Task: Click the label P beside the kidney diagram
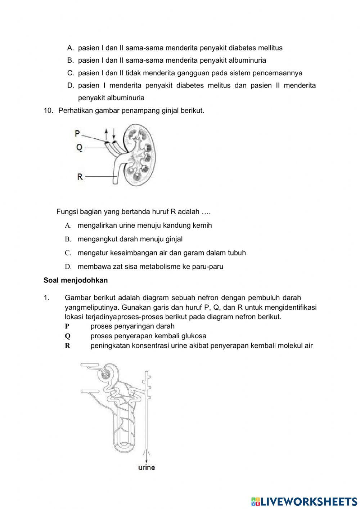pos(77,134)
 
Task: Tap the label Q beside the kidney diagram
pos(79,147)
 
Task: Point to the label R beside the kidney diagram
pos(80,177)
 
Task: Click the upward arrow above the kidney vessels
pos(106,135)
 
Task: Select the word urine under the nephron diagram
pos(147,468)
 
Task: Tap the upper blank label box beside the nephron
pos(90,365)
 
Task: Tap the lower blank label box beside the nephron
pos(90,391)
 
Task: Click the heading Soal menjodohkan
pos(76,280)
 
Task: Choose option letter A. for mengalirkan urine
pos(68,226)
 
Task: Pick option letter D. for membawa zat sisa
pos(68,267)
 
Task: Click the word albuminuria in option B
pos(248,60)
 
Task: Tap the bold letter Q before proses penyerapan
pos(68,336)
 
